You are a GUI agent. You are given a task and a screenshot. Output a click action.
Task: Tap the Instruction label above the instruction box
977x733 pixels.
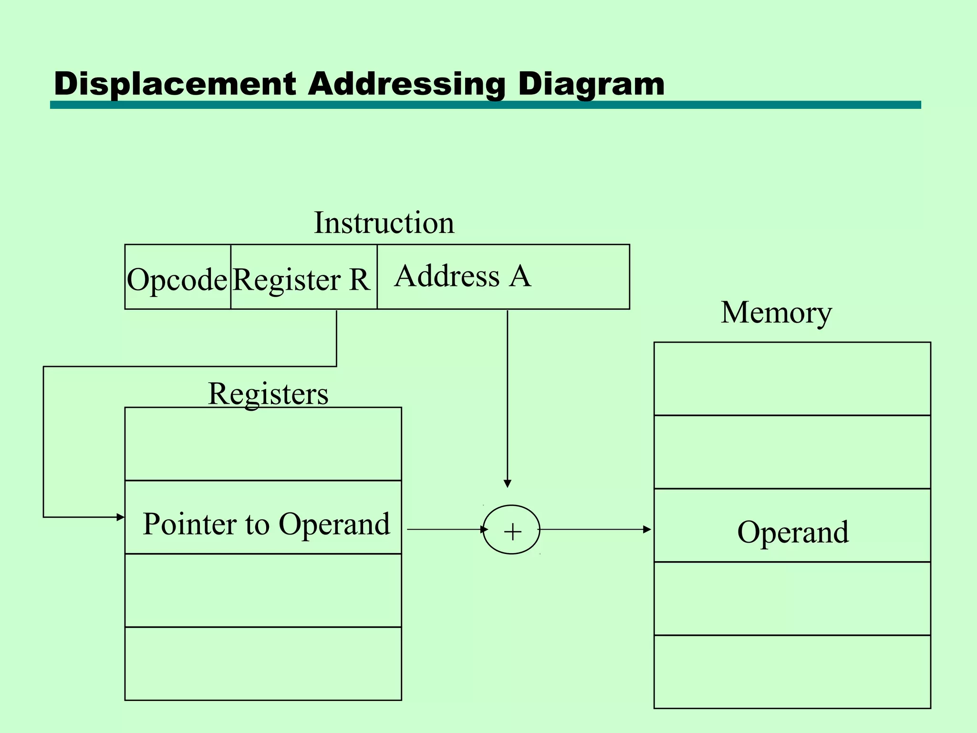[x=384, y=223]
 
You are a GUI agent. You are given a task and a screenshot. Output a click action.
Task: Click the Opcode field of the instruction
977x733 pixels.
[x=177, y=279]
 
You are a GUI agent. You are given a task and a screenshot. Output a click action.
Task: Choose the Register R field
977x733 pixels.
[x=301, y=279]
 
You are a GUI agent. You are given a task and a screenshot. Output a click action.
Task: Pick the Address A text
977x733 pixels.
[x=462, y=276]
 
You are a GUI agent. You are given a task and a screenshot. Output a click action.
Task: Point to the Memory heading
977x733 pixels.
[x=776, y=313]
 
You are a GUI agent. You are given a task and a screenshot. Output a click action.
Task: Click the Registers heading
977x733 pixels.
[x=268, y=394]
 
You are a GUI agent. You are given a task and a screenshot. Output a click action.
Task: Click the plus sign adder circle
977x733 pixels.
[x=511, y=530]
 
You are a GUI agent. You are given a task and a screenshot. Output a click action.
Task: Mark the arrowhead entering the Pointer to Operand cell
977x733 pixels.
[x=121, y=517]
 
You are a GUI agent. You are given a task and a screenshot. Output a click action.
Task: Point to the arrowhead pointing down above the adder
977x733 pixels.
[x=508, y=483]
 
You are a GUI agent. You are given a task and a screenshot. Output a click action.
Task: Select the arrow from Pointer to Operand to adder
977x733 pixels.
[x=446, y=529]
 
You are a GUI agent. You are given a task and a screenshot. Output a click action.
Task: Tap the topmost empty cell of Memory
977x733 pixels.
[x=792, y=378]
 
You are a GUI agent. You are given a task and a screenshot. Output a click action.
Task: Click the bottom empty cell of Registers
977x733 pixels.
[x=263, y=663]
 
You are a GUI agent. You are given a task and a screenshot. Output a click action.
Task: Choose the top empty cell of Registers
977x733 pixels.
[x=263, y=444]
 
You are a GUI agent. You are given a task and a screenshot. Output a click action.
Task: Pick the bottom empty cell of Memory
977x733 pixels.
[x=792, y=671]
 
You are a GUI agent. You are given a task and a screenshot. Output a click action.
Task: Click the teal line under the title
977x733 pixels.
[x=485, y=105]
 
